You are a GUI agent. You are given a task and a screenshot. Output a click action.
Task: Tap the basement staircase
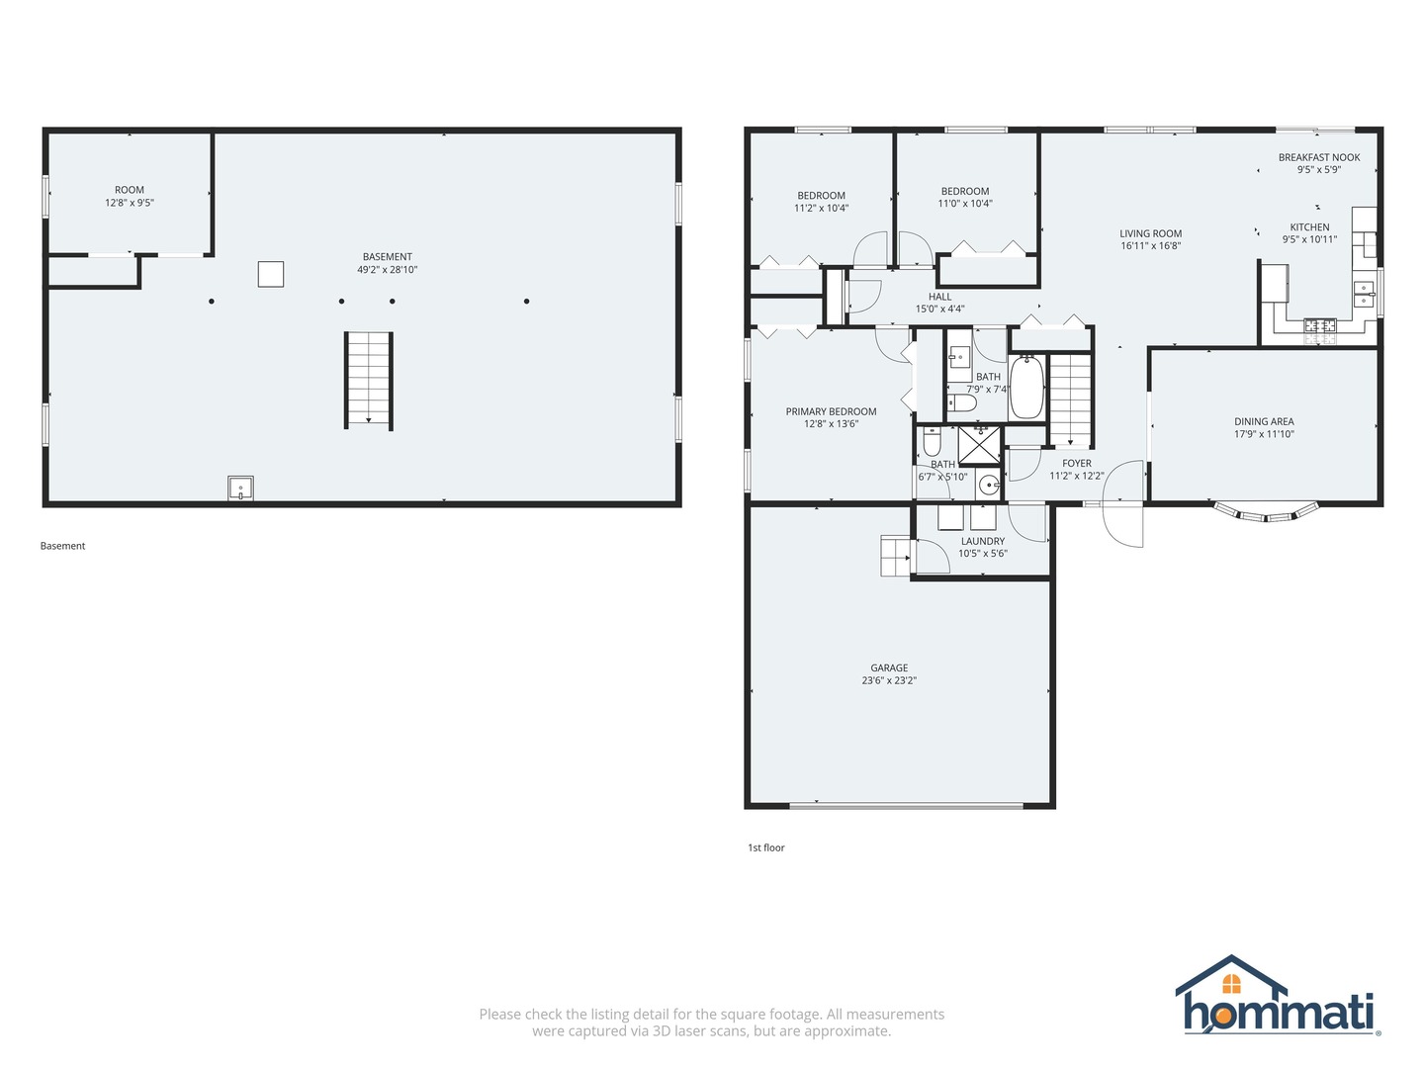(369, 380)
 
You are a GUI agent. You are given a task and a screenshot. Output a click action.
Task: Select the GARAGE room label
(889, 668)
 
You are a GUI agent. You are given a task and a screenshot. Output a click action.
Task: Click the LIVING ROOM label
(1150, 234)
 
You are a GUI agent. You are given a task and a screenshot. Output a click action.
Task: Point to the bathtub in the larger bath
(1026, 388)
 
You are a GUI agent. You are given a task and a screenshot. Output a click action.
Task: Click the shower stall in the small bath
(980, 444)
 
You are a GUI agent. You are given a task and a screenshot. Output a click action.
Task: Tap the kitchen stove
(1319, 330)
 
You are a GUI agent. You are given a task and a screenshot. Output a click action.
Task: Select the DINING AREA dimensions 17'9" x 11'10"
(1264, 434)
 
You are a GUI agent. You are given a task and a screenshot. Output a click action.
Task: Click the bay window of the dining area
(1267, 512)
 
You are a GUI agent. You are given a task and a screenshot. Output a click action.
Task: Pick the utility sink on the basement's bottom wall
(240, 489)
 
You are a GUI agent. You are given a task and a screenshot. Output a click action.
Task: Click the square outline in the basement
(271, 274)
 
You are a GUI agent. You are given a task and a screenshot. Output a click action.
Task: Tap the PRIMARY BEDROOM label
(831, 411)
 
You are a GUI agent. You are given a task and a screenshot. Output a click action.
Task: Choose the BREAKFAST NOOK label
(1318, 157)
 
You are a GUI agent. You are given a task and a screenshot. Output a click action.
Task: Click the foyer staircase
(1069, 400)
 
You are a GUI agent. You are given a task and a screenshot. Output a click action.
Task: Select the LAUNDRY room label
(983, 541)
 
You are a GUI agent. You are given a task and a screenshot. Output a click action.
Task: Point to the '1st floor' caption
(765, 847)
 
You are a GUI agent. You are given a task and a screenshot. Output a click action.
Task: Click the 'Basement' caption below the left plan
(62, 546)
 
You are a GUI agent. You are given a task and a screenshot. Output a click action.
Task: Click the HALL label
(939, 297)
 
